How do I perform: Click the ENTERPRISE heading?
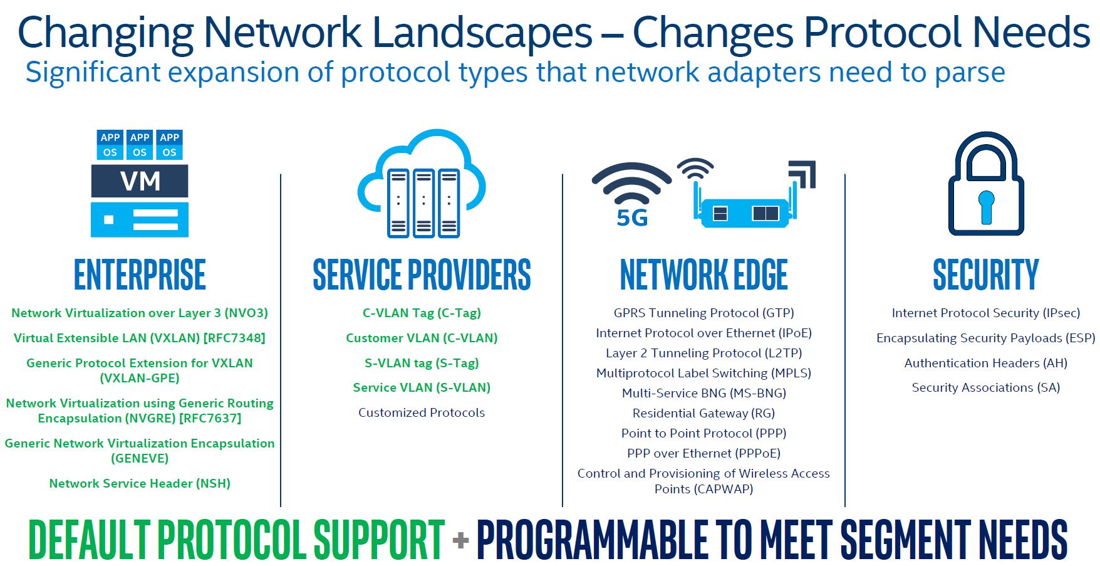pyautogui.click(x=140, y=275)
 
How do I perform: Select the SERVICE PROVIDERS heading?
pyautogui.click(x=422, y=275)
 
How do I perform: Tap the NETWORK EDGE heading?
pyautogui.click(x=703, y=275)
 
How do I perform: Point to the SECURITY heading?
pyautogui.click(x=985, y=275)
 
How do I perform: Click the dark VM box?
pyautogui.click(x=140, y=181)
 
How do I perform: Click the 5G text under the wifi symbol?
pyautogui.click(x=632, y=218)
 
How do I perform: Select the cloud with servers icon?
pyautogui.click(x=422, y=183)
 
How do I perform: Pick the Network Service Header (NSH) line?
pyautogui.click(x=140, y=483)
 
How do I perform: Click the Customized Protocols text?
pyautogui.click(x=422, y=412)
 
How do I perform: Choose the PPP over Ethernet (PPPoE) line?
pyautogui.click(x=703, y=453)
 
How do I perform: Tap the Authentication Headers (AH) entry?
pyautogui.click(x=985, y=363)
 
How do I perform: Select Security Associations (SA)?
pyautogui.click(x=985, y=387)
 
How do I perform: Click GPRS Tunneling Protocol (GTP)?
pyautogui.click(x=703, y=313)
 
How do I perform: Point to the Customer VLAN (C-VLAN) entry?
pyautogui.click(x=422, y=338)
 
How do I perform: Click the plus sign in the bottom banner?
pyautogui.click(x=460, y=540)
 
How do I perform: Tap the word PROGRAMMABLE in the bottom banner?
pyautogui.click(x=592, y=539)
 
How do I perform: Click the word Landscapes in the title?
pyautogui.click(x=483, y=33)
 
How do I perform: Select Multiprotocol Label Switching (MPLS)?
pyautogui.click(x=703, y=373)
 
